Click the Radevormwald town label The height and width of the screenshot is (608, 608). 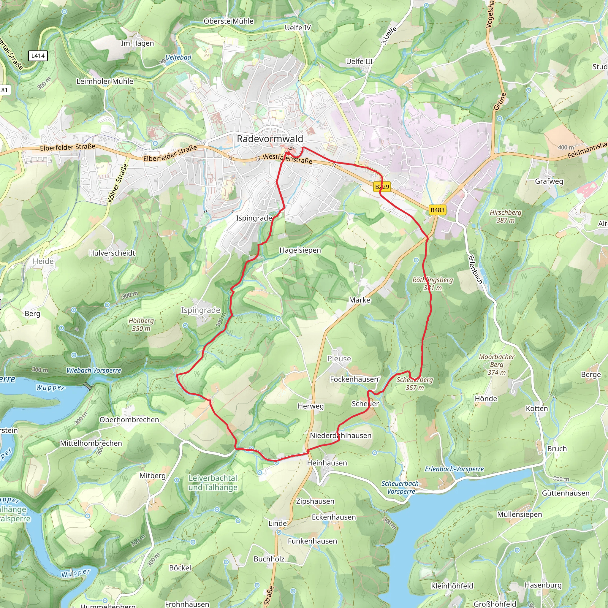270,139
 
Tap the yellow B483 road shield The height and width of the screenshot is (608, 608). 437,210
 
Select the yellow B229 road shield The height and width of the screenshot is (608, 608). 382,187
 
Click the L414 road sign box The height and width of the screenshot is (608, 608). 38,56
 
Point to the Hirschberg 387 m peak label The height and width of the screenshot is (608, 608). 505,216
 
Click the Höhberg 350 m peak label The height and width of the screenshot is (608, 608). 141,324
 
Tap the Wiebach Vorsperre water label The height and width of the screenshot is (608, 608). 94,370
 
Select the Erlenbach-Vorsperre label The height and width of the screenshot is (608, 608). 454,469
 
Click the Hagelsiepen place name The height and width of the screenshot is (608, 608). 300,250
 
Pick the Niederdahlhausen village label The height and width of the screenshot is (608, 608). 341,436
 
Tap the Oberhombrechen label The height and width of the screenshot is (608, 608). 129,420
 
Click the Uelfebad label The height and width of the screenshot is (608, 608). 178,57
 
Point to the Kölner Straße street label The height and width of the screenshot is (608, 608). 118,183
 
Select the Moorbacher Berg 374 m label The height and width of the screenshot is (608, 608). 497,365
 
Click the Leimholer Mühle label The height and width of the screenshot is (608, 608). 105,81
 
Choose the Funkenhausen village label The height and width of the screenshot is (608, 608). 312,541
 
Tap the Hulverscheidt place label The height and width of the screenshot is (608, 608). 112,253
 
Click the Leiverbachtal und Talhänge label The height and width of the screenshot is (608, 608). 213,482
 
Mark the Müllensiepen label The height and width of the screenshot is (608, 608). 519,514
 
